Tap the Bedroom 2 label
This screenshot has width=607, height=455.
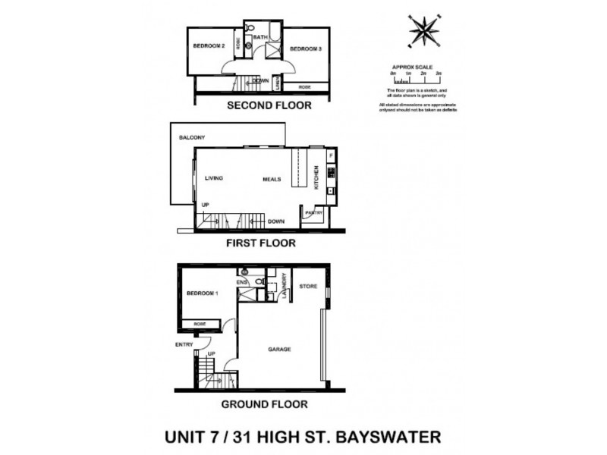point(209,46)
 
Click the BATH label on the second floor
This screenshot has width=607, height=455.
point(259,37)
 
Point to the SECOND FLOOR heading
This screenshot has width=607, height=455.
point(269,105)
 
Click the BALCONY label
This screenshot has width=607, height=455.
point(193,137)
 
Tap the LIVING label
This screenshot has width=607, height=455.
point(213,178)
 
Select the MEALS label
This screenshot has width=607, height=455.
point(272,180)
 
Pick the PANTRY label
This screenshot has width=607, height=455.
point(314,213)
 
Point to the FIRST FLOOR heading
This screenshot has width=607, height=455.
point(260,243)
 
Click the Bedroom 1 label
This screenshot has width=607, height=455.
point(202,293)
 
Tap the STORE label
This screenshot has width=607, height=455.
point(307,286)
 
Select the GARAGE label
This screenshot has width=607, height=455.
point(279,349)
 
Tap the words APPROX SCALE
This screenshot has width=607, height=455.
point(412,67)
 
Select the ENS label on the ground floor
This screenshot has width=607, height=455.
point(243,281)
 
